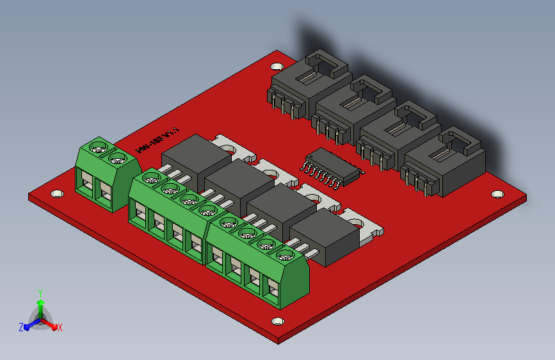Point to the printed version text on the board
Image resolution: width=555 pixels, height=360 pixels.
[x=157, y=140]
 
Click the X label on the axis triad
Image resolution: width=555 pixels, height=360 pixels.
[x=60, y=327]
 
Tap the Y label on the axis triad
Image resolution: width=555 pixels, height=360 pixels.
[x=40, y=292]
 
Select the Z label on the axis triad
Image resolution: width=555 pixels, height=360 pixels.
[x=21, y=327]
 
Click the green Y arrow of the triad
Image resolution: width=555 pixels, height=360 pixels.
[x=40, y=304]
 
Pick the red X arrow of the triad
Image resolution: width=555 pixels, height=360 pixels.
[x=51, y=324]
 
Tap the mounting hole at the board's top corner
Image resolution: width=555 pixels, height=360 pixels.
[x=277, y=66]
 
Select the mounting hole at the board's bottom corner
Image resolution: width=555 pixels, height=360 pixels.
[x=277, y=321]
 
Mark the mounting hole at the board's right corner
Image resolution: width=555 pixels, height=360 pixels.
[x=495, y=193]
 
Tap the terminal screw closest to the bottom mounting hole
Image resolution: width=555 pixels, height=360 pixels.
[x=282, y=255]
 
